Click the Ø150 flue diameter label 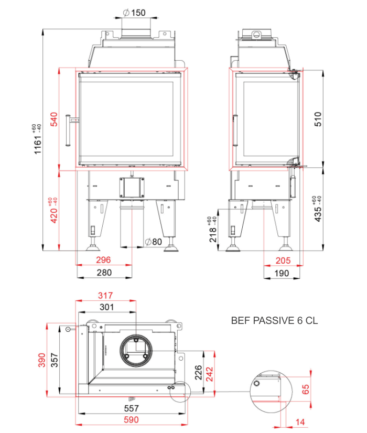pos(134,13)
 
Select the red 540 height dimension pos(54,119)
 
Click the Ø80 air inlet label pos(154,242)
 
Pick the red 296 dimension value pos(103,260)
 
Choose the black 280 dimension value pos(104,273)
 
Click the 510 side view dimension pos(318,119)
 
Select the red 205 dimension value pos(283,261)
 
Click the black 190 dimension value pos(282,273)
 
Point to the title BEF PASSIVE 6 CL pos(274,321)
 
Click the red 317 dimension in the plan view pos(105,296)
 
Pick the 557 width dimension pos(131,408)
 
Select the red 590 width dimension pos(131,420)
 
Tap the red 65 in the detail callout pos(306,389)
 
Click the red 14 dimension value pos(300,422)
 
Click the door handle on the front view pos(68,130)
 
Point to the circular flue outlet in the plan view pos(136,350)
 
